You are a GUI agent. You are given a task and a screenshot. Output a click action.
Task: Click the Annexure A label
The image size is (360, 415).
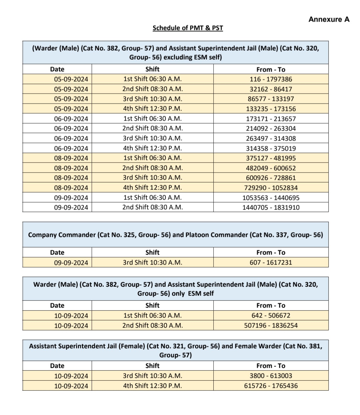tap(329, 19)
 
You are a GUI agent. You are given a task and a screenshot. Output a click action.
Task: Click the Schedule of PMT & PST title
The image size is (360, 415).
tap(188, 28)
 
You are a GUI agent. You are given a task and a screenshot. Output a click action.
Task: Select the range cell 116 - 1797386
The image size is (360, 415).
tap(271, 79)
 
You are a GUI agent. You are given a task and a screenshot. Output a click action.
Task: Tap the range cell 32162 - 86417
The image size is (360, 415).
tap(271, 89)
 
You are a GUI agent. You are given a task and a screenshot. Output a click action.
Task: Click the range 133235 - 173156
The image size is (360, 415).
tap(271, 109)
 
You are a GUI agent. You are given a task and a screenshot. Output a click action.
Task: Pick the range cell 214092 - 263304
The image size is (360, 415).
tap(271, 129)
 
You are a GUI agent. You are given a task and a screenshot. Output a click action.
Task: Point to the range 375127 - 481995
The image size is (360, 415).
tap(271, 158)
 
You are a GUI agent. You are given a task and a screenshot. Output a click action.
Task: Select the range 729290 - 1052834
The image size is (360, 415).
tap(271, 188)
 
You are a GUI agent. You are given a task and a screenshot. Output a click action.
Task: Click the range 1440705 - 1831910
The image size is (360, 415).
tap(271, 207)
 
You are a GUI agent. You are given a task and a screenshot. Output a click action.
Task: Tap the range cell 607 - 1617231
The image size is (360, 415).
tap(271, 262)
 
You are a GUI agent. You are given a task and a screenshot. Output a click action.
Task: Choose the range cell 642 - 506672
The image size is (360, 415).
tap(271, 315)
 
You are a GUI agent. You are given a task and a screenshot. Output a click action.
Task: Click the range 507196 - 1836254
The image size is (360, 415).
tap(271, 325)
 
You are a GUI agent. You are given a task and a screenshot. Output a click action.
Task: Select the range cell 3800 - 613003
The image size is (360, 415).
tap(271, 376)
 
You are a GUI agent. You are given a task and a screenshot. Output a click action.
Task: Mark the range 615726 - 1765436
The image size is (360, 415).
tap(271, 386)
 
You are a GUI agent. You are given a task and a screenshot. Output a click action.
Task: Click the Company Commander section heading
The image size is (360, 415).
tap(175, 235)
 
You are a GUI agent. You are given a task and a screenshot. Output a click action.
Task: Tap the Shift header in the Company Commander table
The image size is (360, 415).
tap(152, 252)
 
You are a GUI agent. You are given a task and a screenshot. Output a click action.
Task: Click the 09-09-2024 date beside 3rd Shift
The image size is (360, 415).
tap(71, 263)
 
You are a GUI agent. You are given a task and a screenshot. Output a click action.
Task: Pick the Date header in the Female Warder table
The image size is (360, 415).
tap(57, 366)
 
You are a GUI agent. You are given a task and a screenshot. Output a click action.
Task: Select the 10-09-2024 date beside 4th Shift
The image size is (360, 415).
tap(71, 386)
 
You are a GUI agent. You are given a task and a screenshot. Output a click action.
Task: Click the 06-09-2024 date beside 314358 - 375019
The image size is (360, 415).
tap(71, 149)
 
